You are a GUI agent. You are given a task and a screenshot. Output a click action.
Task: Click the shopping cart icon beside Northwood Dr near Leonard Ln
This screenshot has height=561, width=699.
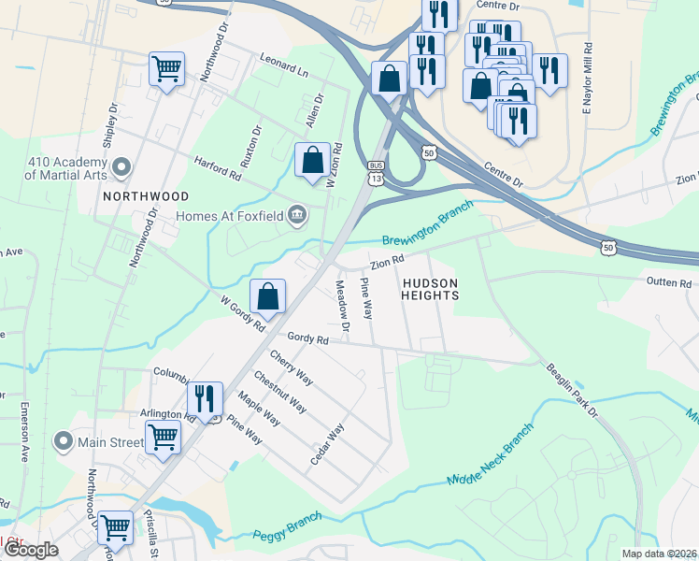tap(166, 68)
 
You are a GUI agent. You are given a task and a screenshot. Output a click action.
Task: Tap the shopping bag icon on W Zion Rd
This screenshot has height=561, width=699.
tap(312, 160)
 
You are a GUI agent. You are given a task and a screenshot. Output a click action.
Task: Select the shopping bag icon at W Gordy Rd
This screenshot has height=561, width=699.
tap(268, 296)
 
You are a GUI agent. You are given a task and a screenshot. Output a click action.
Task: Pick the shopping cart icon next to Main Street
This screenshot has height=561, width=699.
tap(163, 437)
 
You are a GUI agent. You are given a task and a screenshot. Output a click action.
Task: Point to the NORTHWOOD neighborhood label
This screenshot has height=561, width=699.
tap(146, 196)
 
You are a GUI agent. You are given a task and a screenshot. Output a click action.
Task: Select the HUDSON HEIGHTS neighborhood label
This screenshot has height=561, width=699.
tap(430, 289)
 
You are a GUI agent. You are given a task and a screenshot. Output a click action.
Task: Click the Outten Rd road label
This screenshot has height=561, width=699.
tap(669, 282)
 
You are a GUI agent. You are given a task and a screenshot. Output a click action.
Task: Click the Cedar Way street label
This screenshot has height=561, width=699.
tap(328, 447)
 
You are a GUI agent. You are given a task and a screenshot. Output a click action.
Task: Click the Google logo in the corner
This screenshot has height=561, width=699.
tap(31, 550)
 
